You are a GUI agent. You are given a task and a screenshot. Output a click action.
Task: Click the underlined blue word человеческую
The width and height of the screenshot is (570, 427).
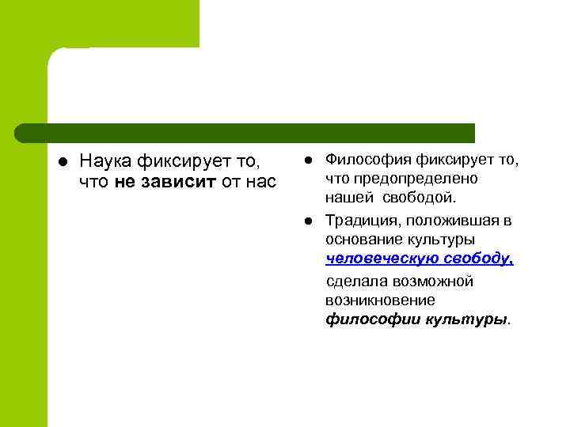click(374, 259)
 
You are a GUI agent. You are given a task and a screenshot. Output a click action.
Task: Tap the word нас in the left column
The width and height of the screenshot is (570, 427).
click(262, 183)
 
